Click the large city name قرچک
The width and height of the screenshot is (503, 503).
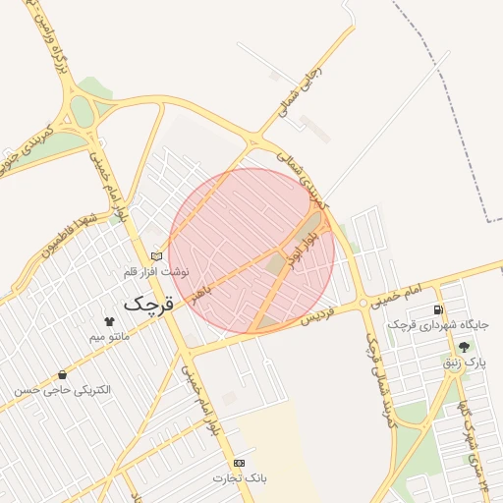[148, 304]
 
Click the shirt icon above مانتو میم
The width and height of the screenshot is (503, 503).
[108, 321]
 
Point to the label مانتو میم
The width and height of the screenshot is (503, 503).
[109, 336]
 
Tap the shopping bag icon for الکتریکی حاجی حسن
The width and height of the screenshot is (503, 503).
[63, 374]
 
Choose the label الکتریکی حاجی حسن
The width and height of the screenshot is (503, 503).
[63, 390]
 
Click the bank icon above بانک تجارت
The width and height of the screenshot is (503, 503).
[240, 463]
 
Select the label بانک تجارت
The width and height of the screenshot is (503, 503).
[240, 477]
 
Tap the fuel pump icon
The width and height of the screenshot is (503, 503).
[438, 309]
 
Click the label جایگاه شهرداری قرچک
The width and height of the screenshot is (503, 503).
[438, 324]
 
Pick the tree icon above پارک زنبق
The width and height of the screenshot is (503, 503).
[464, 347]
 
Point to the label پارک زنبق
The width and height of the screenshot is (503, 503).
[465, 363]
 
